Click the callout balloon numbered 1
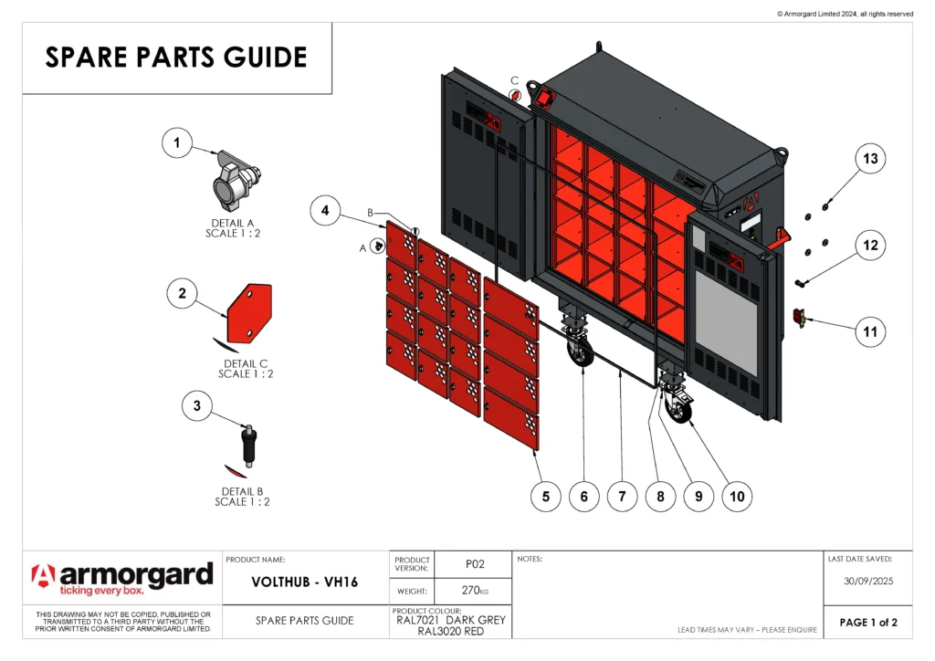pyautogui.click(x=177, y=142)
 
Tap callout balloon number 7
pyautogui.click(x=622, y=496)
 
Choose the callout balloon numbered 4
pyautogui.click(x=326, y=210)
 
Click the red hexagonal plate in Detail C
pyautogui.click(x=248, y=314)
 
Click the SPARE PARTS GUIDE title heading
pyautogui.click(x=176, y=58)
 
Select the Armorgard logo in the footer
pyautogui.click(x=121, y=578)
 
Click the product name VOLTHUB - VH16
pyautogui.click(x=305, y=582)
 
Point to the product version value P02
pyautogui.click(x=475, y=564)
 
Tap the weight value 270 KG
pyautogui.click(x=475, y=591)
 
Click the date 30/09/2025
pyautogui.click(x=867, y=579)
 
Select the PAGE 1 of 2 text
pyautogui.click(x=868, y=623)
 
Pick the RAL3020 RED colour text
pyautogui.click(x=451, y=632)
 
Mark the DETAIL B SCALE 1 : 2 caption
pyautogui.click(x=242, y=496)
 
